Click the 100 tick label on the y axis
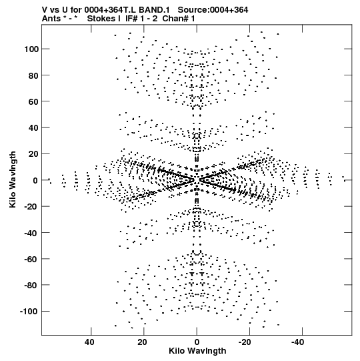[x=31, y=49]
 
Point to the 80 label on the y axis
[x=33, y=75]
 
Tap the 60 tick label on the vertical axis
[x=33, y=101]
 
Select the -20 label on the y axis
[x=31, y=206]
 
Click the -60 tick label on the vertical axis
[x=31, y=259]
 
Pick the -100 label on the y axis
[x=29, y=312]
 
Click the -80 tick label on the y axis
[x=31, y=285]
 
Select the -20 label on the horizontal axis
[x=245, y=342]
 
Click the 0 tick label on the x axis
[x=197, y=342]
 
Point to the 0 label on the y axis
[x=35, y=180]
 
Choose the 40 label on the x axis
[x=89, y=342]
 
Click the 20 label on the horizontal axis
[x=142, y=342]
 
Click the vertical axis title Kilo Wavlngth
[x=13, y=179]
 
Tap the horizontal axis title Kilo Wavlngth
[x=197, y=351]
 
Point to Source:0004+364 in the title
[x=213, y=10]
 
